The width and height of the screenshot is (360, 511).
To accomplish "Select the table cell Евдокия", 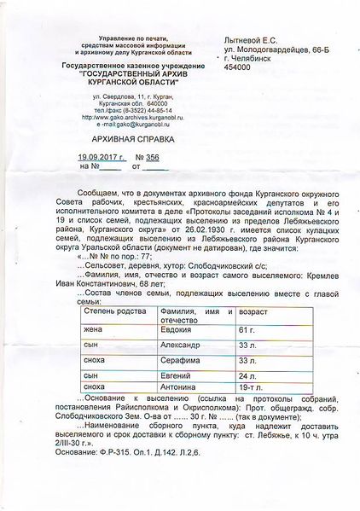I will [178, 329].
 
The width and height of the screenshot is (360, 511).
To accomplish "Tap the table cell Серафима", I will [181, 360].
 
